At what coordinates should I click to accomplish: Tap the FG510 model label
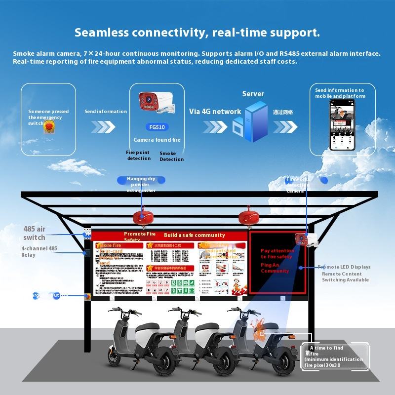pos(157,127)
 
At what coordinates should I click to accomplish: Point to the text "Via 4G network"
pos(215,112)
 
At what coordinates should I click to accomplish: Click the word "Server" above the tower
pos(253,94)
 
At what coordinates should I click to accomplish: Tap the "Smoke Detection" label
pos(171,157)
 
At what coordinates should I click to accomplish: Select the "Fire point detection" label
pos(139,156)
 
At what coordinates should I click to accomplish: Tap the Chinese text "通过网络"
pos(283,112)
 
